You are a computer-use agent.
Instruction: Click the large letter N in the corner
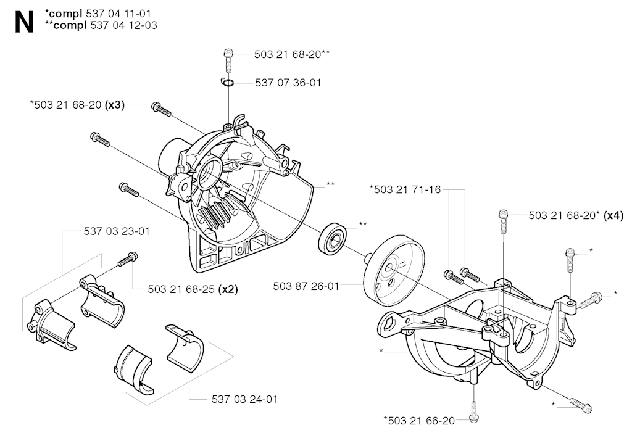(x=24, y=22)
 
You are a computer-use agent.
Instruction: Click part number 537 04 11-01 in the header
(x=118, y=14)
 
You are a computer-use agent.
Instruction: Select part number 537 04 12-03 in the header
(x=123, y=25)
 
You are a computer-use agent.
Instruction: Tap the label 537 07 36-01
(x=288, y=83)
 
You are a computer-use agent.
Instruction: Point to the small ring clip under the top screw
(x=228, y=83)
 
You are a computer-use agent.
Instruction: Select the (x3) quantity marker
(x=114, y=105)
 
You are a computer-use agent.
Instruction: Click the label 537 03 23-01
(x=117, y=231)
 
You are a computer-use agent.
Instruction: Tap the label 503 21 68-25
(x=181, y=289)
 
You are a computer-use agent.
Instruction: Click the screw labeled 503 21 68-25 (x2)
(x=128, y=258)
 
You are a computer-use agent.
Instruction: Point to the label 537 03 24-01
(x=244, y=399)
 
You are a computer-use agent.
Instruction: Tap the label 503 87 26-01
(x=306, y=286)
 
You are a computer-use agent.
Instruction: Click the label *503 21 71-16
(x=405, y=189)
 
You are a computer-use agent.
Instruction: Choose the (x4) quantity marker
(x=613, y=215)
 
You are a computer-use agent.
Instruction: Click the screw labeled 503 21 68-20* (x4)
(x=504, y=221)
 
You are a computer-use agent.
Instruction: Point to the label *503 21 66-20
(x=419, y=421)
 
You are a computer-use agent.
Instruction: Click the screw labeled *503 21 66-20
(x=474, y=412)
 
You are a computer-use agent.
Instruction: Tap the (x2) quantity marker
(x=228, y=289)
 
